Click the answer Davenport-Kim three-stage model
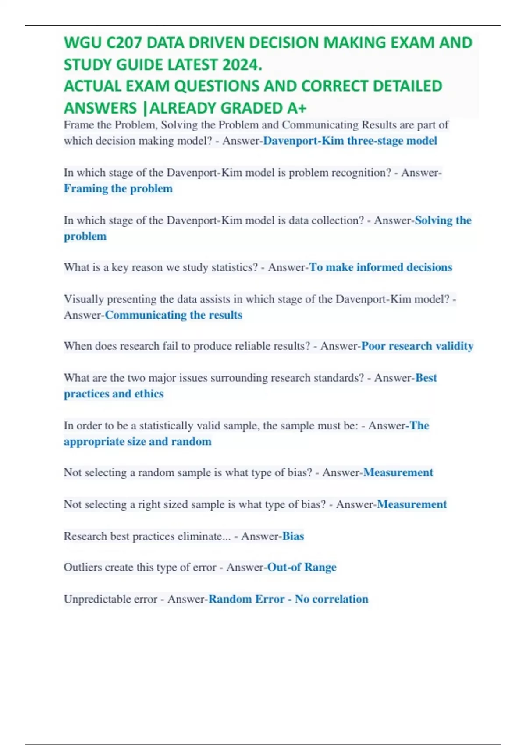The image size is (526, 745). [x=350, y=141]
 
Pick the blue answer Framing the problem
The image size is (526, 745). [x=118, y=188]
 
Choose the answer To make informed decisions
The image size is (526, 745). [x=380, y=267]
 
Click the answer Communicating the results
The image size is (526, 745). [x=174, y=315]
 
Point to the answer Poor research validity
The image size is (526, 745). [x=417, y=346]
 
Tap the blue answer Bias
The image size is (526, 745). [x=293, y=536]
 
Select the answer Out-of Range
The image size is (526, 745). [x=302, y=567]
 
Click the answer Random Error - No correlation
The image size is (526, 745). [x=288, y=599]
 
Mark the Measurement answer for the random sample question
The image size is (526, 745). [x=398, y=472]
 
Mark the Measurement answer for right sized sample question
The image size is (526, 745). [x=412, y=504]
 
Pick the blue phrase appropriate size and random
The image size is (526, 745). [x=137, y=441]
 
